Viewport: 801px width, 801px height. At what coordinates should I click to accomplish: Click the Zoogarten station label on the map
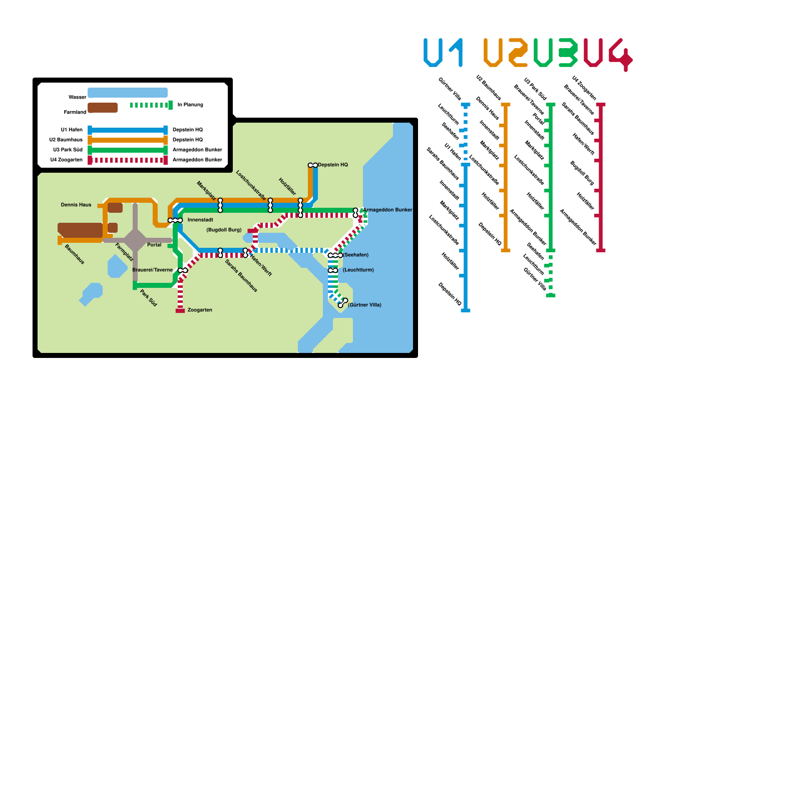200,310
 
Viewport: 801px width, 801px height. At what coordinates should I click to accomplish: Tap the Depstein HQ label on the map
332,165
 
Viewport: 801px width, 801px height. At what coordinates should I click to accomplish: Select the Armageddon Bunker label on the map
387,210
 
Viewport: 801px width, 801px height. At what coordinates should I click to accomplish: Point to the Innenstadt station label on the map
200,220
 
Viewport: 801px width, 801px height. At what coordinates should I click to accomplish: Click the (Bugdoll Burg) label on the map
224,230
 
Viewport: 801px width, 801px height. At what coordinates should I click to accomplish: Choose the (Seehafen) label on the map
355,255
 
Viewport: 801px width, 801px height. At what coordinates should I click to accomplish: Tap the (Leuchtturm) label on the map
358,270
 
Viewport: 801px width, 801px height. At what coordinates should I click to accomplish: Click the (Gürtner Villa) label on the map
364,305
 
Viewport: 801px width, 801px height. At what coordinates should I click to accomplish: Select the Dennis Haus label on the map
76,205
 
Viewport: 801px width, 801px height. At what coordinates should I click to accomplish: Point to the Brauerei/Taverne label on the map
152,270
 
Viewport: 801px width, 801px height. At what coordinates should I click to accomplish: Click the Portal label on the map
154,245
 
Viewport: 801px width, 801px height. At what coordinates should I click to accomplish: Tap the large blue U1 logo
443,53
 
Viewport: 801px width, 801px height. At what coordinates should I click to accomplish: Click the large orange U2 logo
506,53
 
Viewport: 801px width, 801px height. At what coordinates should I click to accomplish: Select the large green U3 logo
555,53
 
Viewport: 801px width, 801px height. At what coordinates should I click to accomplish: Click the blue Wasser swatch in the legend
128,93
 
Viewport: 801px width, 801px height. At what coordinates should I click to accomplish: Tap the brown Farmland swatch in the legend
103,108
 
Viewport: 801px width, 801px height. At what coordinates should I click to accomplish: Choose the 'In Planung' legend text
190,105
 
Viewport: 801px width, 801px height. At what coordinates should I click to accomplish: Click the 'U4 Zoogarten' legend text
67,160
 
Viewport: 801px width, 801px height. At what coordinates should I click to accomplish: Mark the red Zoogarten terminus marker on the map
180,311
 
